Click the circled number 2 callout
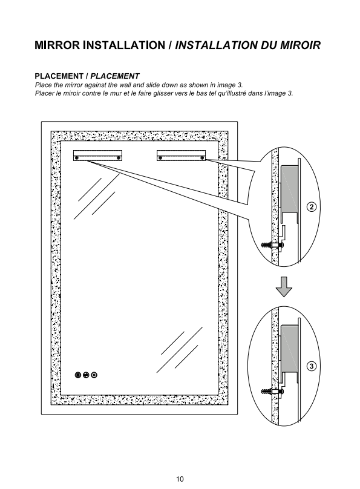[x=312, y=207]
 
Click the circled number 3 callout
[x=312, y=366]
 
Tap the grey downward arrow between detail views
[x=284, y=287]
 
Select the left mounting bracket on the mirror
[x=97, y=156]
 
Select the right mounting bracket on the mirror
[x=181, y=156]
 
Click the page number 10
[x=180, y=479]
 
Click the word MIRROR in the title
[x=57, y=45]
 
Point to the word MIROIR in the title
[x=300, y=45]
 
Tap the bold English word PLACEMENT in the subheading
[x=59, y=76]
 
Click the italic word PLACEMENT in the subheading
[x=115, y=76]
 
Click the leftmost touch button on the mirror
[x=78, y=375]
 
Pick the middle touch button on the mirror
[x=86, y=375]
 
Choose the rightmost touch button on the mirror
[x=94, y=375]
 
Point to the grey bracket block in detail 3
[x=289, y=349]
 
